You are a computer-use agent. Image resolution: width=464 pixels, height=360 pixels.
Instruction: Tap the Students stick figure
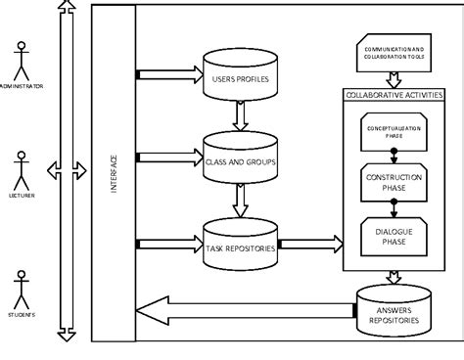[x=20, y=289]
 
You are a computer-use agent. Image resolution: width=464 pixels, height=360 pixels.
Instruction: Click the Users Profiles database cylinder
[x=239, y=76]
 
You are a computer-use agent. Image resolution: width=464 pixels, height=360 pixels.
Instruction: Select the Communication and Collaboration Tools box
[x=394, y=55]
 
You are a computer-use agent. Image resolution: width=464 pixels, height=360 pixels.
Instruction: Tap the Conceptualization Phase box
[x=393, y=132]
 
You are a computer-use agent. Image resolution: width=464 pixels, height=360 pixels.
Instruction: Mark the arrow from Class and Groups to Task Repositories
[x=239, y=200]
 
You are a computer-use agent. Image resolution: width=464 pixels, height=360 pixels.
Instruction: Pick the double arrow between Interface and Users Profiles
[x=166, y=74]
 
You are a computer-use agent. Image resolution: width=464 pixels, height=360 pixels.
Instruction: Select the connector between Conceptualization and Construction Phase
[x=394, y=153]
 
